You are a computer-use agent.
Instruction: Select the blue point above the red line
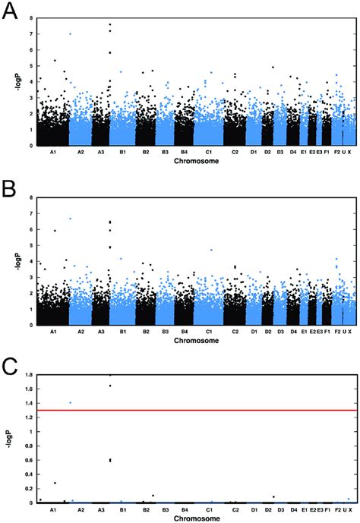(71, 402)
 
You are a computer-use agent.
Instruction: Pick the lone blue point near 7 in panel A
(71, 33)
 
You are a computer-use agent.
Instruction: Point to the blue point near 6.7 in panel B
(71, 219)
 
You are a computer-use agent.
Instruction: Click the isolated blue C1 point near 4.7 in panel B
(211, 250)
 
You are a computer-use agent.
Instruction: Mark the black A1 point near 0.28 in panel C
(55, 483)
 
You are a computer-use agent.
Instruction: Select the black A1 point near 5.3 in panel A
(55, 61)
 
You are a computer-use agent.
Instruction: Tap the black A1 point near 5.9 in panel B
(55, 231)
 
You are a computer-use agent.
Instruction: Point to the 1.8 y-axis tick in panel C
(28, 375)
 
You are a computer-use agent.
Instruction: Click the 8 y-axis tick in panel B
(30, 197)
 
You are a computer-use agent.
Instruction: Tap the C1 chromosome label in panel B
(209, 332)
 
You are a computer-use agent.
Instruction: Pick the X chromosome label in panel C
(349, 509)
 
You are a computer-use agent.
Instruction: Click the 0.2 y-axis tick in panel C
(28, 488)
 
